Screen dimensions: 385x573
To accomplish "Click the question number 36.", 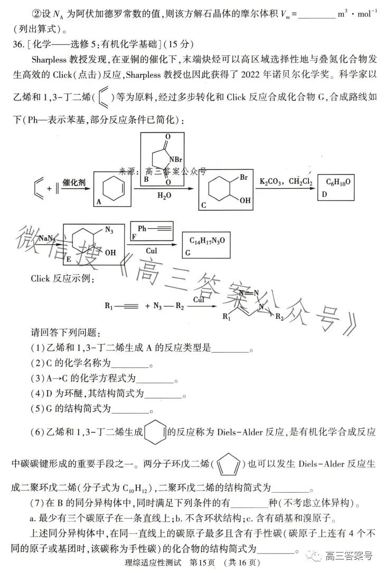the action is (18, 44).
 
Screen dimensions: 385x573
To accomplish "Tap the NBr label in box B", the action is (175, 160).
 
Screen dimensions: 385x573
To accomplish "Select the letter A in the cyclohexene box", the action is (99, 201).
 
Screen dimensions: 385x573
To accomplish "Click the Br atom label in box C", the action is (243, 177).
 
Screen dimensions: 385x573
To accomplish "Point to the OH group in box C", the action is (245, 200).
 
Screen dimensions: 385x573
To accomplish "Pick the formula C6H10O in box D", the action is (338, 182).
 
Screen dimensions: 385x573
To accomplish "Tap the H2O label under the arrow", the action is (164, 196).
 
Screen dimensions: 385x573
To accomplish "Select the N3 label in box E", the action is (109, 230).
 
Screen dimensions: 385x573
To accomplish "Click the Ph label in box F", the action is (142, 228).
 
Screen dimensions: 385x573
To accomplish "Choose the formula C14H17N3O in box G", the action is (207, 241).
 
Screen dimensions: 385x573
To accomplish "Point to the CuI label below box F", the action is (151, 251).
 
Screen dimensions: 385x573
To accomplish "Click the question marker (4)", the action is (37, 394).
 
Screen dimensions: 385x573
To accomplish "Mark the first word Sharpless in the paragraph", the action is (49, 59).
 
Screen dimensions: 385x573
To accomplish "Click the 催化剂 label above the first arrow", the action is (74, 182).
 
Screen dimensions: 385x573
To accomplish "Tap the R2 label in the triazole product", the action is (279, 316).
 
